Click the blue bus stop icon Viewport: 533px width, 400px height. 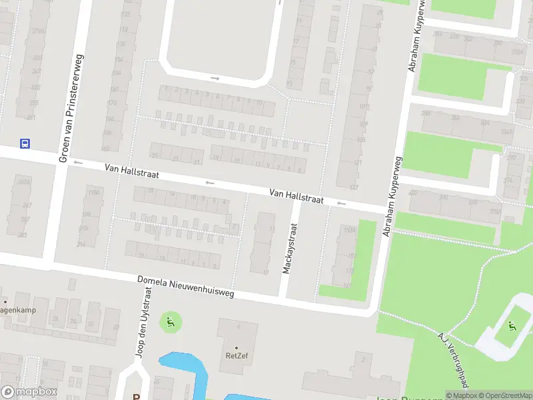pyautogui.click(x=25, y=143)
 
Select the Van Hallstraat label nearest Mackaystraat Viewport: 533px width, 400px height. pyautogui.click(x=296, y=196)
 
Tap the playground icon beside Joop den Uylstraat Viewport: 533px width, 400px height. pyautogui.click(x=170, y=323)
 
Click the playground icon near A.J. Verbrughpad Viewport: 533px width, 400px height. pyautogui.click(x=512, y=325)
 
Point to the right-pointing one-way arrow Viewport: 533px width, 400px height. pyautogui.click(x=215, y=78)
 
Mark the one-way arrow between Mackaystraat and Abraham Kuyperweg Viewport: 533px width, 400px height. pyautogui.click(x=342, y=203)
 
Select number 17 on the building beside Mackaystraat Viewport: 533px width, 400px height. pyautogui.click(x=265, y=271)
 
